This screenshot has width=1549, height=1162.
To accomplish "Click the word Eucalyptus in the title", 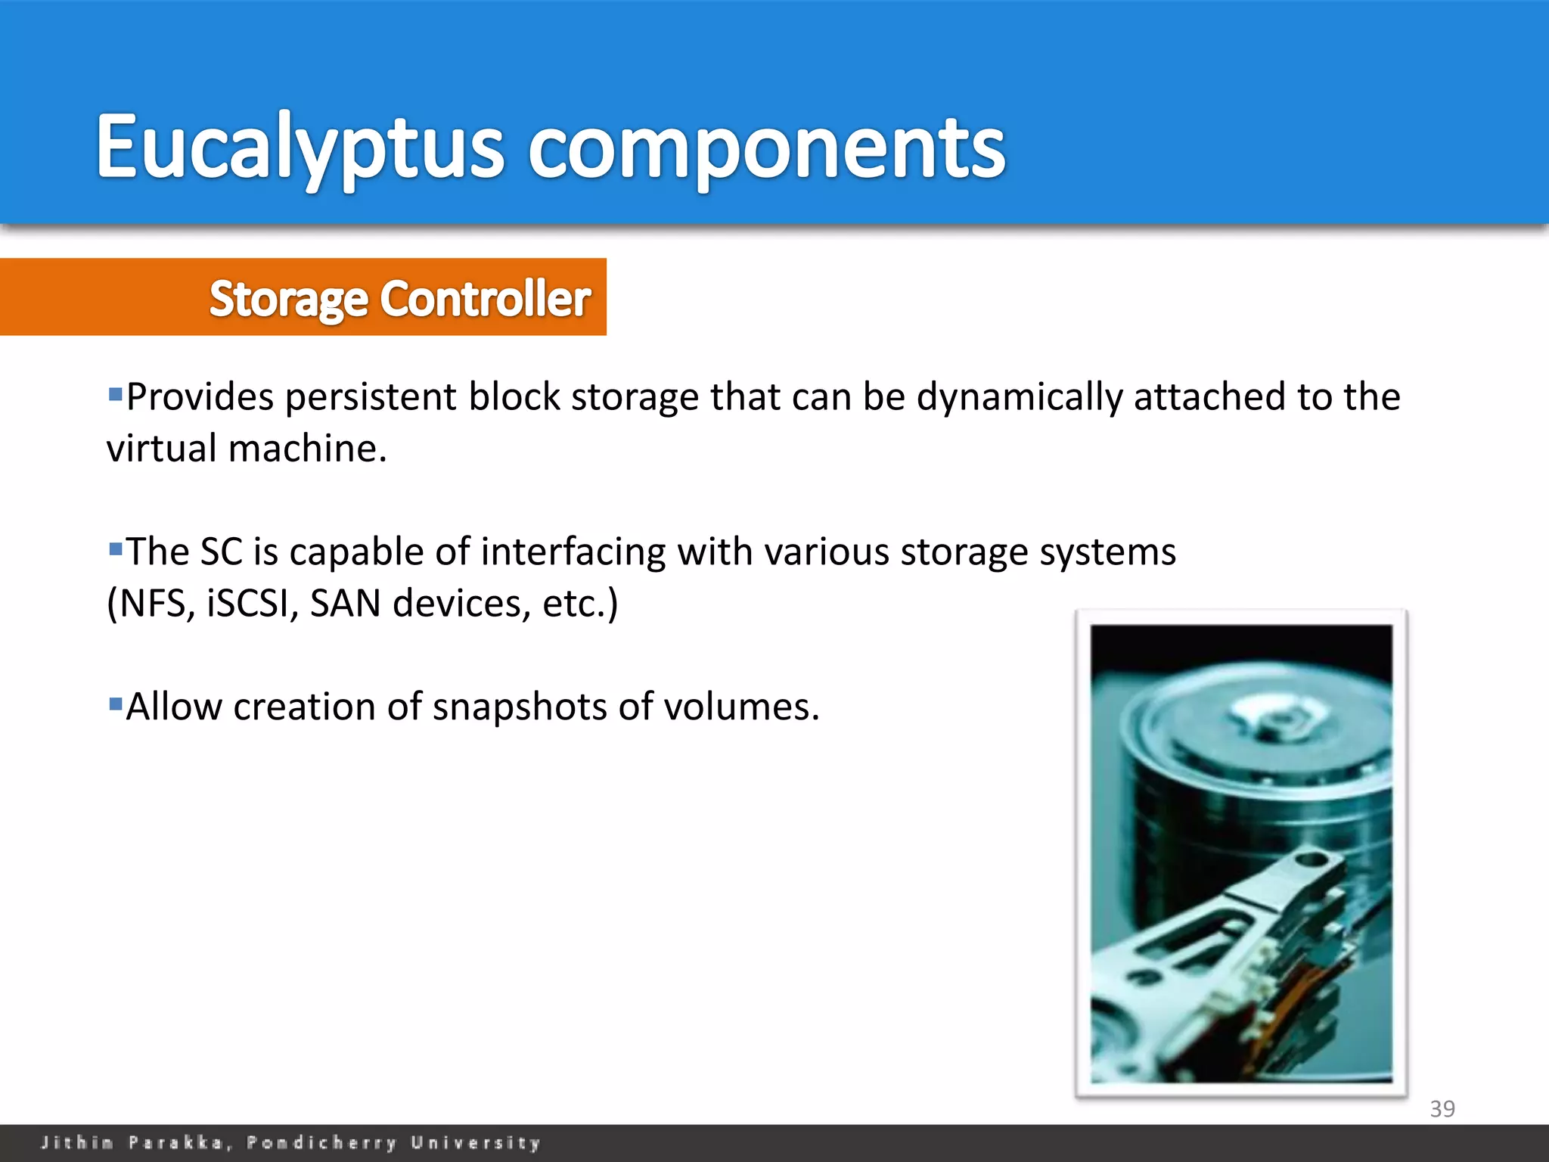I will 299,148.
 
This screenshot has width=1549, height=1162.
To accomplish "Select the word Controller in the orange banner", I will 485,299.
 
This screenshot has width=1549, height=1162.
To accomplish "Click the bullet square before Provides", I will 116,393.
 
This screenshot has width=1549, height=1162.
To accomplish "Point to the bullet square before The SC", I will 116,548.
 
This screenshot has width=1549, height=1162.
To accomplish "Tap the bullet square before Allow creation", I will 116,704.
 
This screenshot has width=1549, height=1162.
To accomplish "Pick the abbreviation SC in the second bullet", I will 221,551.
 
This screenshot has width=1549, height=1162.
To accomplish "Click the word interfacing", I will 573,551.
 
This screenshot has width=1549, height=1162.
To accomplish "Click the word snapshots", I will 520,707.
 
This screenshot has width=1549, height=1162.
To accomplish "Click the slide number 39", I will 1442,1108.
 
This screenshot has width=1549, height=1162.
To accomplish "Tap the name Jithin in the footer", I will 76,1142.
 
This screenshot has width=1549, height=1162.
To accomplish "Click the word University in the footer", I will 476,1142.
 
